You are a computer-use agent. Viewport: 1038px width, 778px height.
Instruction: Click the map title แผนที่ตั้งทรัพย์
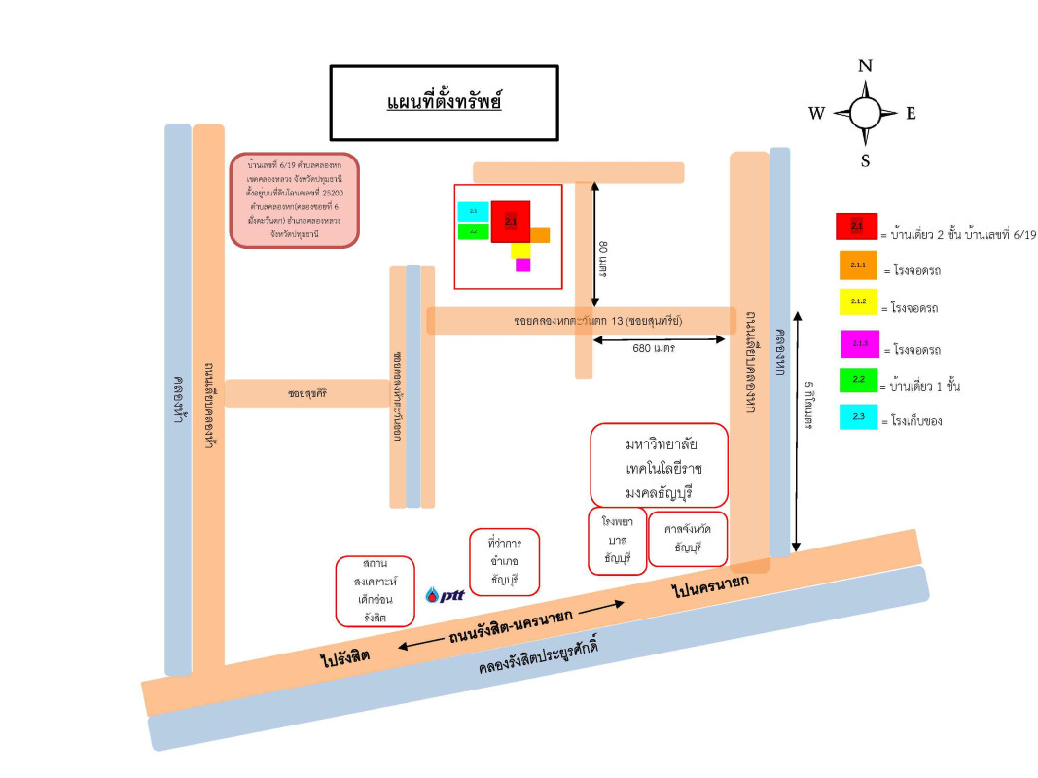(444, 102)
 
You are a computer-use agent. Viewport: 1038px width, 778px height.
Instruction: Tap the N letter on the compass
(865, 67)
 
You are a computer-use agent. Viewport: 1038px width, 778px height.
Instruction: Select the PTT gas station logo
(446, 596)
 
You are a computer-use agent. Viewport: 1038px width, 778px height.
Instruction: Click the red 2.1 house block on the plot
(511, 222)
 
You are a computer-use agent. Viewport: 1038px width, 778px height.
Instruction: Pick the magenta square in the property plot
(522, 265)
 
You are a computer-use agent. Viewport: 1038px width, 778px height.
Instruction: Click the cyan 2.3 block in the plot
(473, 211)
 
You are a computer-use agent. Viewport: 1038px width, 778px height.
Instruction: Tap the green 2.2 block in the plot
(473, 231)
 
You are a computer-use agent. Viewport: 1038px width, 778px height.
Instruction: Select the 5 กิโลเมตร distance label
(809, 405)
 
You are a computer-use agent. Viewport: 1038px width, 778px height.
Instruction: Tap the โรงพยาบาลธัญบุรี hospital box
(617, 540)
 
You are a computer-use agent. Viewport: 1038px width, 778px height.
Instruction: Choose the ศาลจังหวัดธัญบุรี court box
(688, 539)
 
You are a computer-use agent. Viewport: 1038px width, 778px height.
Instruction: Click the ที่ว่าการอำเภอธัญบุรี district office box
(503, 562)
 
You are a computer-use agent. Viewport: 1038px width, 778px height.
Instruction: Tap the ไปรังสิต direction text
(345, 658)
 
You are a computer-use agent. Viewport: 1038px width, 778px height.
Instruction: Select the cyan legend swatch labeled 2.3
(857, 416)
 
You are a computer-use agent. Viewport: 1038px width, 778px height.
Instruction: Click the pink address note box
(295, 199)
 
